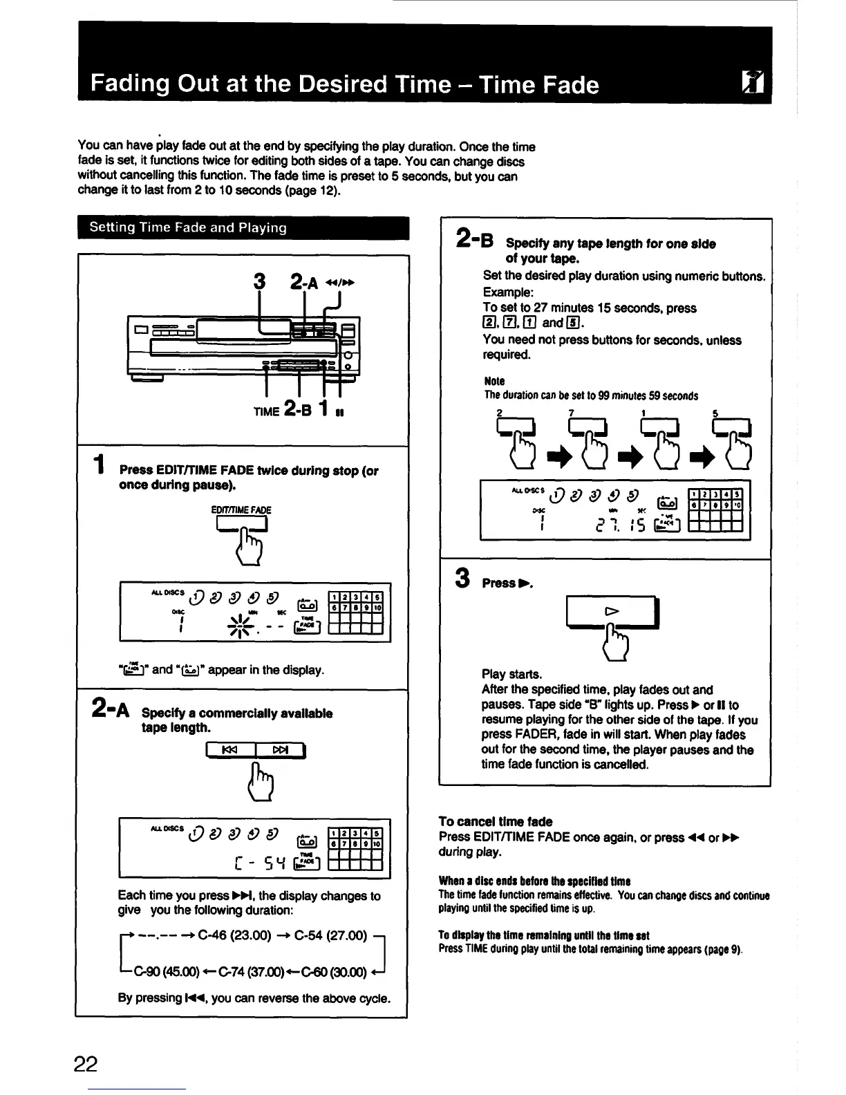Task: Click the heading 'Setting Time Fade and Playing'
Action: point(188,228)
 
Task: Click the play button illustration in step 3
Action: point(610,612)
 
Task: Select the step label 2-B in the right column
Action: point(475,239)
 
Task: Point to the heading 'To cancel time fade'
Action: point(496,822)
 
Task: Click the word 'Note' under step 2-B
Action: point(494,381)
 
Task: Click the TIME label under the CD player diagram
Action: point(266,411)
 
